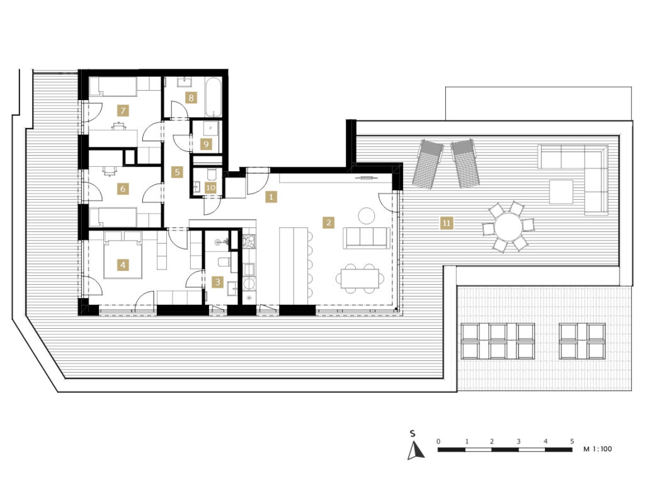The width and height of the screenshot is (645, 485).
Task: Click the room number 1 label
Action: (271, 197)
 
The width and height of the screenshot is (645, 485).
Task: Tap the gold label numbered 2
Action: (328, 222)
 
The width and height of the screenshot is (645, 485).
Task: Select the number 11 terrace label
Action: (447, 224)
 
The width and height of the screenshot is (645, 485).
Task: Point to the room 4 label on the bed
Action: (123, 265)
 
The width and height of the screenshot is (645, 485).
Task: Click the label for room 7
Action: (123, 110)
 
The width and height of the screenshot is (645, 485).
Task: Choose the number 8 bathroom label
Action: (190, 98)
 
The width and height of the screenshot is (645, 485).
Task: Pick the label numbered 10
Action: (210, 188)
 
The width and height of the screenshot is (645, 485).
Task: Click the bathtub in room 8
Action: (214, 96)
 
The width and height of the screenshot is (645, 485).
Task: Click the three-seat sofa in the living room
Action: (367, 237)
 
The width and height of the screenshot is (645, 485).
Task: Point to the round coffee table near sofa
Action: (366, 215)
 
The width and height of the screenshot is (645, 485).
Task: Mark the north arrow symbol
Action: (416, 450)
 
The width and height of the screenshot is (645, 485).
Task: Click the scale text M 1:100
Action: (597, 449)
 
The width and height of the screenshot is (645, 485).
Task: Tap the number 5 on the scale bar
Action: (572, 441)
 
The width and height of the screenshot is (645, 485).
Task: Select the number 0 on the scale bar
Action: (438, 441)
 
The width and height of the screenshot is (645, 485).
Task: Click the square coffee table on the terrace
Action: (561, 191)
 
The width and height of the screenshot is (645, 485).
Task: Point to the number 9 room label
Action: (206, 144)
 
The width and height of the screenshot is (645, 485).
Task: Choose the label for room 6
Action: (123, 189)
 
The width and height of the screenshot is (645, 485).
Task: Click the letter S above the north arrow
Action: (413, 433)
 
